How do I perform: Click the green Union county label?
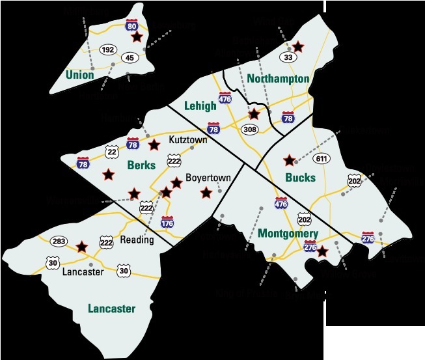click(79, 74)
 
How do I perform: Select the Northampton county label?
click(278, 79)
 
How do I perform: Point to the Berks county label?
click(141, 165)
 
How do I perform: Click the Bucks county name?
click(301, 177)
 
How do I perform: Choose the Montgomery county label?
click(288, 233)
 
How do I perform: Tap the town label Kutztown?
click(188, 140)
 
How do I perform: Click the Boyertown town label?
click(204, 177)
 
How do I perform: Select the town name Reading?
click(137, 240)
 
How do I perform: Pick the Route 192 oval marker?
click(107, 49)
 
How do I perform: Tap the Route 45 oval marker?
click(129, 57)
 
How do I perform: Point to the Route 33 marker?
click(286, 57)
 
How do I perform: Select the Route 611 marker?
click(321, 158)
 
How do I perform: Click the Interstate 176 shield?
click(167, 223)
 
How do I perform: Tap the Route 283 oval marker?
click(59, 241)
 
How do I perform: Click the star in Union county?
click(137, 37)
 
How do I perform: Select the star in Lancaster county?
click(81, 247)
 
